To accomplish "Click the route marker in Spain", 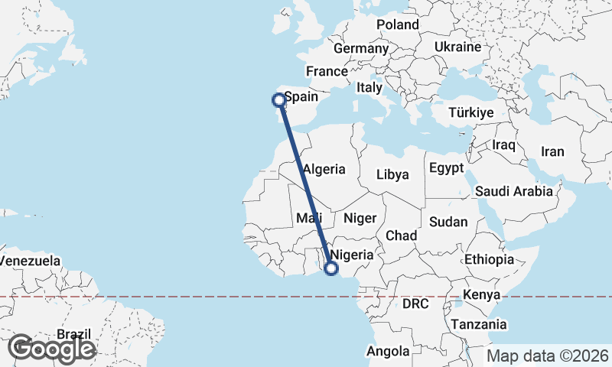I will (x=279, y=99).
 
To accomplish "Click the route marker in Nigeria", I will (x=331, y=268).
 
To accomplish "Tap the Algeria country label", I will (x=324, y=169).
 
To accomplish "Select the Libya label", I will (x=392, y=174).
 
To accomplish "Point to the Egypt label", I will (x=446, y=167).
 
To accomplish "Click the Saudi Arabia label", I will (x=513, y=191).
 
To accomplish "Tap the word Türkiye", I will (x=471, y=112).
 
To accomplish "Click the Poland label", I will (x=398, y=24).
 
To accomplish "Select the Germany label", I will (x=361, y=48).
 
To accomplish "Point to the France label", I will (x=327, y=71).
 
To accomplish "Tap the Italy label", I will (x=369, y=88).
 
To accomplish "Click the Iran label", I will (x=552, y=151).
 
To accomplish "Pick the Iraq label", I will (x=504, y=144).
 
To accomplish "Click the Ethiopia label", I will (x=489, y=259).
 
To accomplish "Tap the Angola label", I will (x=388, y=351).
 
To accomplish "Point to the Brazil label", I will (x=74, y=334).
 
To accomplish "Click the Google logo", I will (x=51, y=349).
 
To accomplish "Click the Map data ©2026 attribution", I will (x=548, y=356).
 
